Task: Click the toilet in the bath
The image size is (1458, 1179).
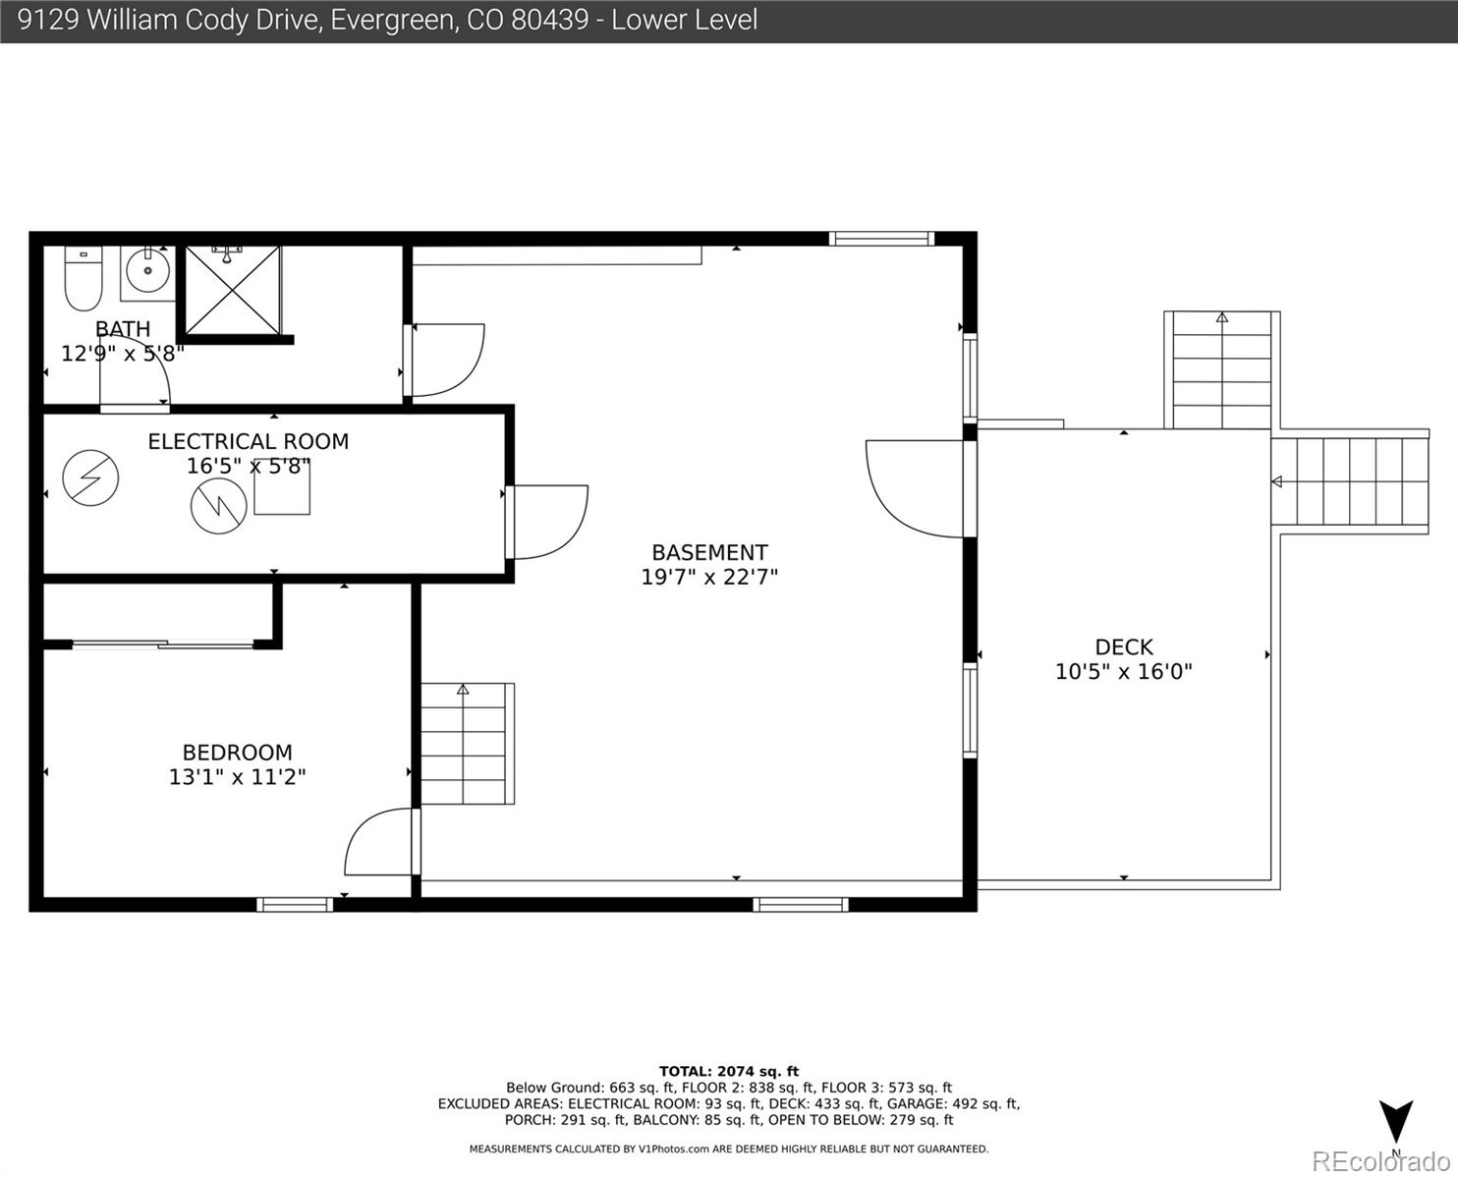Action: pos(84,278)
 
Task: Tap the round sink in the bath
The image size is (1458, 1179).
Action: pos(147,270)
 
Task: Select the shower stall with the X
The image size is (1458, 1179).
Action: pos(233,290)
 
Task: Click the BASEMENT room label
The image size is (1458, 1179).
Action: pos(709,552)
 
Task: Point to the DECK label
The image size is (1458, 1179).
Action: pos(1123,646)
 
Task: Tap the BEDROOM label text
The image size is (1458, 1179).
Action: pos(237,753)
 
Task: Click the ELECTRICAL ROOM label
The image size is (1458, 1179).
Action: pos(248,441)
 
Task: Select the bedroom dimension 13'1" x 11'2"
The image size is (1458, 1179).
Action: pos(237,777)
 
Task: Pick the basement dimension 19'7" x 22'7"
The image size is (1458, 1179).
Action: pos(709,577)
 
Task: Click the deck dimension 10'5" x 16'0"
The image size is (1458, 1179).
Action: pos(1123,671)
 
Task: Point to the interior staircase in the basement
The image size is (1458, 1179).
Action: pos(467,743)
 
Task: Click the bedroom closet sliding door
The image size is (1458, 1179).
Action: pos(163,644)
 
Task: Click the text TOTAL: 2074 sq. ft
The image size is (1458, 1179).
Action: pos(728,1071)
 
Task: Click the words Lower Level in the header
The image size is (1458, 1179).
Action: pos(684,20)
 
